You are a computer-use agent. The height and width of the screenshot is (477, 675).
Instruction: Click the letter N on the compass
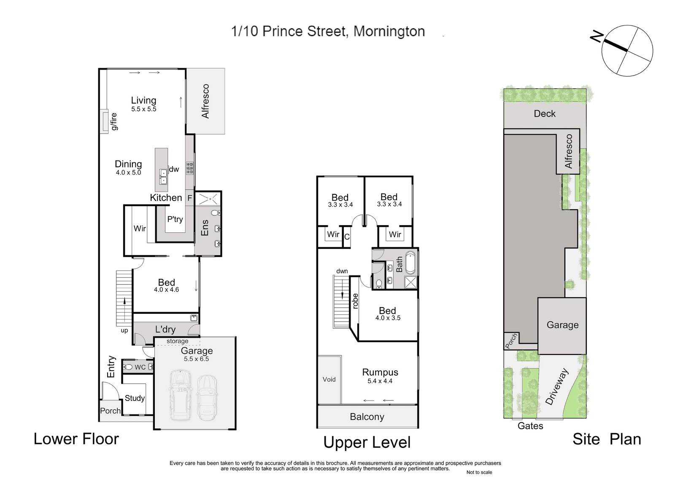point(597,37)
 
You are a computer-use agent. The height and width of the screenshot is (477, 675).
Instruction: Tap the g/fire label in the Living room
point(113,122)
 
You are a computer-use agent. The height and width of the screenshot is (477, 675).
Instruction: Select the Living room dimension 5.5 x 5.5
point(144,109)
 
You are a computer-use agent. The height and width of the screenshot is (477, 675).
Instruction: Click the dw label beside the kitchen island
point(174,169)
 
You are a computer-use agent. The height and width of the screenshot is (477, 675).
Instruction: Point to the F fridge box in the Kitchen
point(190,198)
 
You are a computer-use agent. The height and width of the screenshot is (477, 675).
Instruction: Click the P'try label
point(175,219)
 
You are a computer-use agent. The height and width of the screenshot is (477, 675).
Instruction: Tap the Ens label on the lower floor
point(205,228)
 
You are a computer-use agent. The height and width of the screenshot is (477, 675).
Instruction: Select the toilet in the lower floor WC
point(128,367)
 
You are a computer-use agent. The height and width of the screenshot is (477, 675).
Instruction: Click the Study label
point(135,398)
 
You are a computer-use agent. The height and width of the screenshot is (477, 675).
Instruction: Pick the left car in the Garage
point(180,395)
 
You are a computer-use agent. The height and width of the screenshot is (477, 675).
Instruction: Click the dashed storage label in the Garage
point(178,341)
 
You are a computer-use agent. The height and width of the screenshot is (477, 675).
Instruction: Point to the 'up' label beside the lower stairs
point(124,331)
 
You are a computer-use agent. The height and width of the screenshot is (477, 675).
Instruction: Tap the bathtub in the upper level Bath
point(410,262)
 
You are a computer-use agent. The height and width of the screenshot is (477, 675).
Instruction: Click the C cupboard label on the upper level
point(347,237)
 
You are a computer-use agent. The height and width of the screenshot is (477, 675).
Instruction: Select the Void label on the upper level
point(329,379)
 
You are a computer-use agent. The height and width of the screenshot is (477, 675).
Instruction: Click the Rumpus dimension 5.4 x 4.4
point(380,381)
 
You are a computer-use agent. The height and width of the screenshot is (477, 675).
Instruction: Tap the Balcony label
point(367,417)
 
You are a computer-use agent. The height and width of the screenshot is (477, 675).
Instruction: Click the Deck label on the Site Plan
point(545,114)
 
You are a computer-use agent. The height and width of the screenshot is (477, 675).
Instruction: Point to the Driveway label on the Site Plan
point(557,387)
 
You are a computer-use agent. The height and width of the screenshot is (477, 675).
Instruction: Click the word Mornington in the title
point(389,31)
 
